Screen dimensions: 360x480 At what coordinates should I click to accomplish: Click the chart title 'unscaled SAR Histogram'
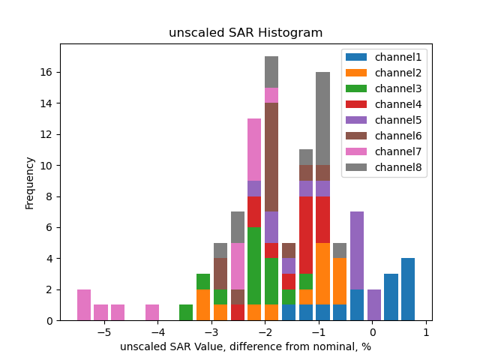[245, 33]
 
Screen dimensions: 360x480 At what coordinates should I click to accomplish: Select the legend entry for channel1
[383, 57]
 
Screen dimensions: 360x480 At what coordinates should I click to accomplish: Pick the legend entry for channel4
[383, 104]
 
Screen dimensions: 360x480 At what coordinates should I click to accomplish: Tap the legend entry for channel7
[383, 151]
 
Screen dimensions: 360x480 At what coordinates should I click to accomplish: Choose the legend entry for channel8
[383, 167]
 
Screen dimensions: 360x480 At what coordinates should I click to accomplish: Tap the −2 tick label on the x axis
[265, 332]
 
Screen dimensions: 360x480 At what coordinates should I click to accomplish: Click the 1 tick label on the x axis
[426, 332]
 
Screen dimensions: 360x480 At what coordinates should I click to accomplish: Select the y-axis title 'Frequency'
[30, 182]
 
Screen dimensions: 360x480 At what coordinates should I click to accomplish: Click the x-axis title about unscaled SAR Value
[245, 346]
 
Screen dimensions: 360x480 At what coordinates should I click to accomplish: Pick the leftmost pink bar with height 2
[84, 304]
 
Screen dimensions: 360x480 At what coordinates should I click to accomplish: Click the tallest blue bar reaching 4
[408, 289]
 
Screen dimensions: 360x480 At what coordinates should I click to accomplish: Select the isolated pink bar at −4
[152, 313]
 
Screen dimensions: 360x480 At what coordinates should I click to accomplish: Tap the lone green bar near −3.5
[186, 313]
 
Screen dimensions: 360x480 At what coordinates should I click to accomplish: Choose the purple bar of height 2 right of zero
[374, 304]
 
